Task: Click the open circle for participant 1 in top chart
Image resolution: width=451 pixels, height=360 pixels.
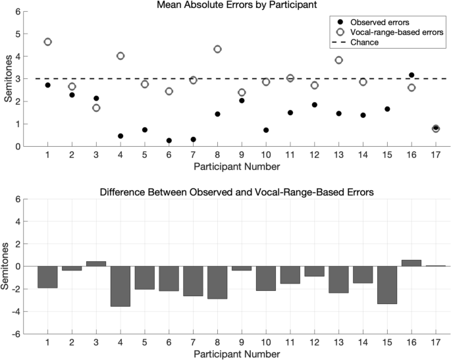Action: coord(47,42)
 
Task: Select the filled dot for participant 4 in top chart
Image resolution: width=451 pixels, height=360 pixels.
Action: coord(120,136)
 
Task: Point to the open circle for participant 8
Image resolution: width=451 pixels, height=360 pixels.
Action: coord(217,49)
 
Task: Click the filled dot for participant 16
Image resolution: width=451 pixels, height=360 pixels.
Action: coord(411,75)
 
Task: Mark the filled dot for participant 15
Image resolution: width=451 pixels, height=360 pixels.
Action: coord(387,109)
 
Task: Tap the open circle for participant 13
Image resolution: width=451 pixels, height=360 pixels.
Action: coord(338,60)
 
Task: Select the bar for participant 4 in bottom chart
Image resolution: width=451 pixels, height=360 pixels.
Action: coord(120,286)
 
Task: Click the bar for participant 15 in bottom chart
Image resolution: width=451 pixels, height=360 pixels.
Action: coord(387,285)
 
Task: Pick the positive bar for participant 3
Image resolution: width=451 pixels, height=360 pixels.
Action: coord(96,264)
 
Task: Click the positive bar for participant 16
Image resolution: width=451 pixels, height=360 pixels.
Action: coord(411,263)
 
